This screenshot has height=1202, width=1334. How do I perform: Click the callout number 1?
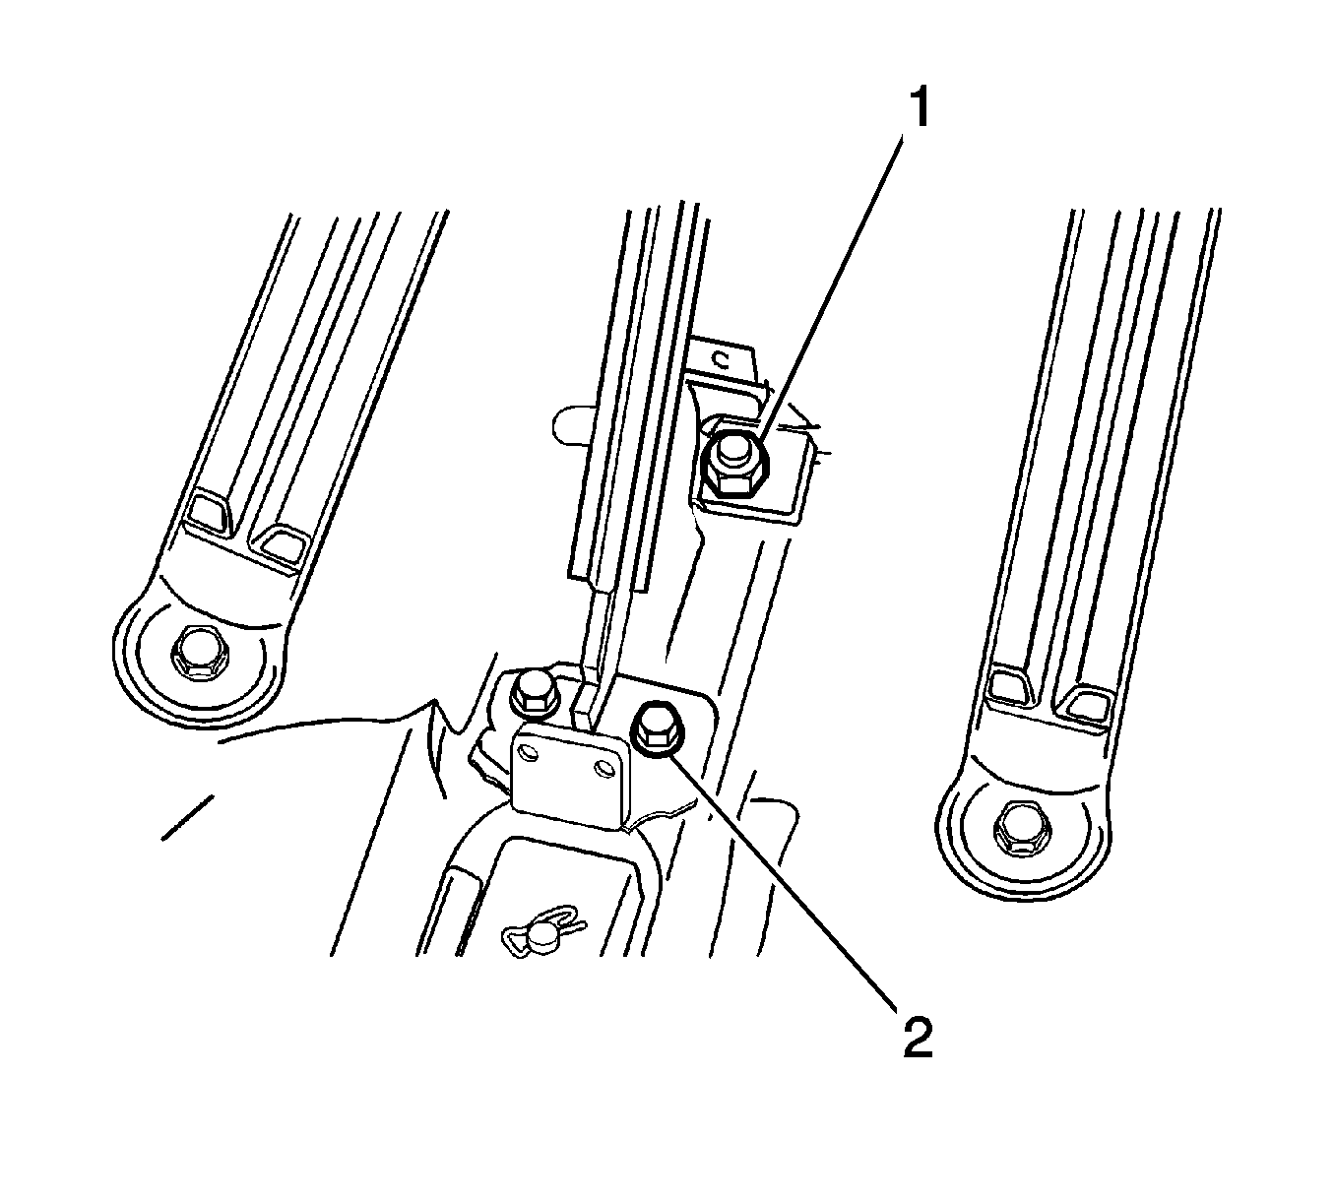(921, 108)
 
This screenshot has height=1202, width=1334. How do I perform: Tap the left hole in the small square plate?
(530, 753)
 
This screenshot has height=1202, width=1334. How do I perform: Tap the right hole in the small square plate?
(603, 769)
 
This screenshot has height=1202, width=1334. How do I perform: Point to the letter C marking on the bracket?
(722, 360)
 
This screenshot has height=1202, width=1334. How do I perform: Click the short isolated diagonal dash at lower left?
(187, 817)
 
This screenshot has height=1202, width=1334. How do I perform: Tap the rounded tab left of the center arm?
(568, 423)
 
